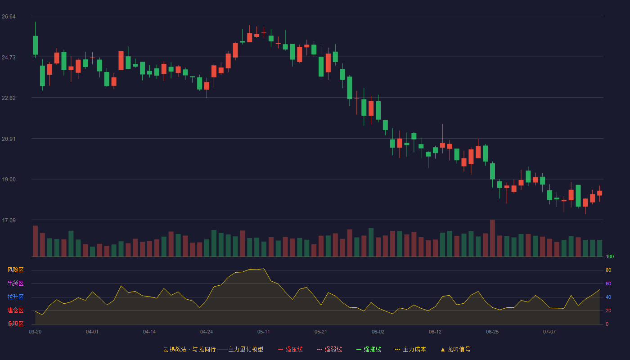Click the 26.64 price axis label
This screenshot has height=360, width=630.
9,17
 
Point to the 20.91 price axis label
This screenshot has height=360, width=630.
9,139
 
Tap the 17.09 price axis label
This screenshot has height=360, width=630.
9,220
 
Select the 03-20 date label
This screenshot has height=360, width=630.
35,332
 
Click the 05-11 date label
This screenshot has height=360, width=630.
264,332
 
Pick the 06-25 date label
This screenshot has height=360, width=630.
492,332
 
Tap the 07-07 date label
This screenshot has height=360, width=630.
549,332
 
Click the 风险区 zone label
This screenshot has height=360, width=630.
15,270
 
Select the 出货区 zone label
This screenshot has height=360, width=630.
15,283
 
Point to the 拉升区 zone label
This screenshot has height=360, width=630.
15,297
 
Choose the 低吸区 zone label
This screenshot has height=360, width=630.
15,324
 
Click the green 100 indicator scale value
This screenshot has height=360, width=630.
610,256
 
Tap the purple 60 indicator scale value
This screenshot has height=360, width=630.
608,283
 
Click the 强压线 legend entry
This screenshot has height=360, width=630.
290,349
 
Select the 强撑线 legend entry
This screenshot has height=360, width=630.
369,349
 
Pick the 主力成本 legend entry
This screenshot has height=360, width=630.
410,349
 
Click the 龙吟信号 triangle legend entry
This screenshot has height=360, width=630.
455,349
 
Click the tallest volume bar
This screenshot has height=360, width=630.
492,238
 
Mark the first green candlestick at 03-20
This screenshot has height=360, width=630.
35,45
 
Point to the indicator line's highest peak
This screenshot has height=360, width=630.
264,269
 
